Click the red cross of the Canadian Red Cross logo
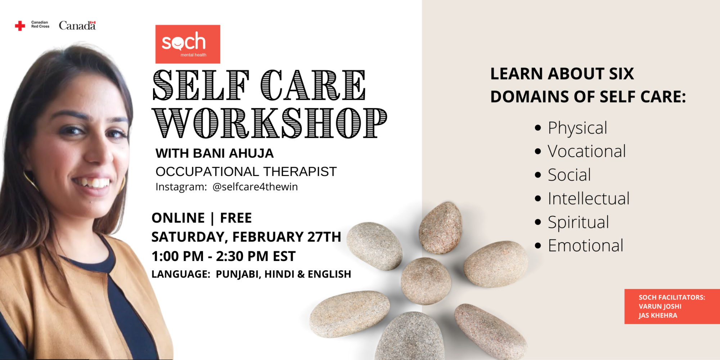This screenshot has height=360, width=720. [x=20, y=26]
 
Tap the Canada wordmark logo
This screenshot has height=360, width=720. [x=77, y=26]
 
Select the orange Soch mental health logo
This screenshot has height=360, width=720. [x=188, y=44]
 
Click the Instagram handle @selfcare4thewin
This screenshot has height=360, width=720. [x=255, y=187]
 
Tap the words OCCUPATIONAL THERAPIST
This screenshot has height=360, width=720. [x=246, y=172]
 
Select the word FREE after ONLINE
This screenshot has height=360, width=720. [x=236, y=218]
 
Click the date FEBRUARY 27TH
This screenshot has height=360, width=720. [x=287, y=237]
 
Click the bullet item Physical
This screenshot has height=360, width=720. [x=577, y=128]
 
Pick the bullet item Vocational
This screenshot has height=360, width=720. [x=587, y=151]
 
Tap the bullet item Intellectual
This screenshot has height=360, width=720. [x=589, y=198]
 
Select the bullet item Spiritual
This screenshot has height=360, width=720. [x=578, y=222]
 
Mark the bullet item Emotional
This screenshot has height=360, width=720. [x=585, y=246]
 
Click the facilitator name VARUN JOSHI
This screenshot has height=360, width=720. [x=660, y=306]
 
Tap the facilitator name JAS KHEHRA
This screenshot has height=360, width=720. [x=658, y=315]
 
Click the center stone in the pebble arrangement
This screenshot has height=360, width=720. [x=426, y=281]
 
